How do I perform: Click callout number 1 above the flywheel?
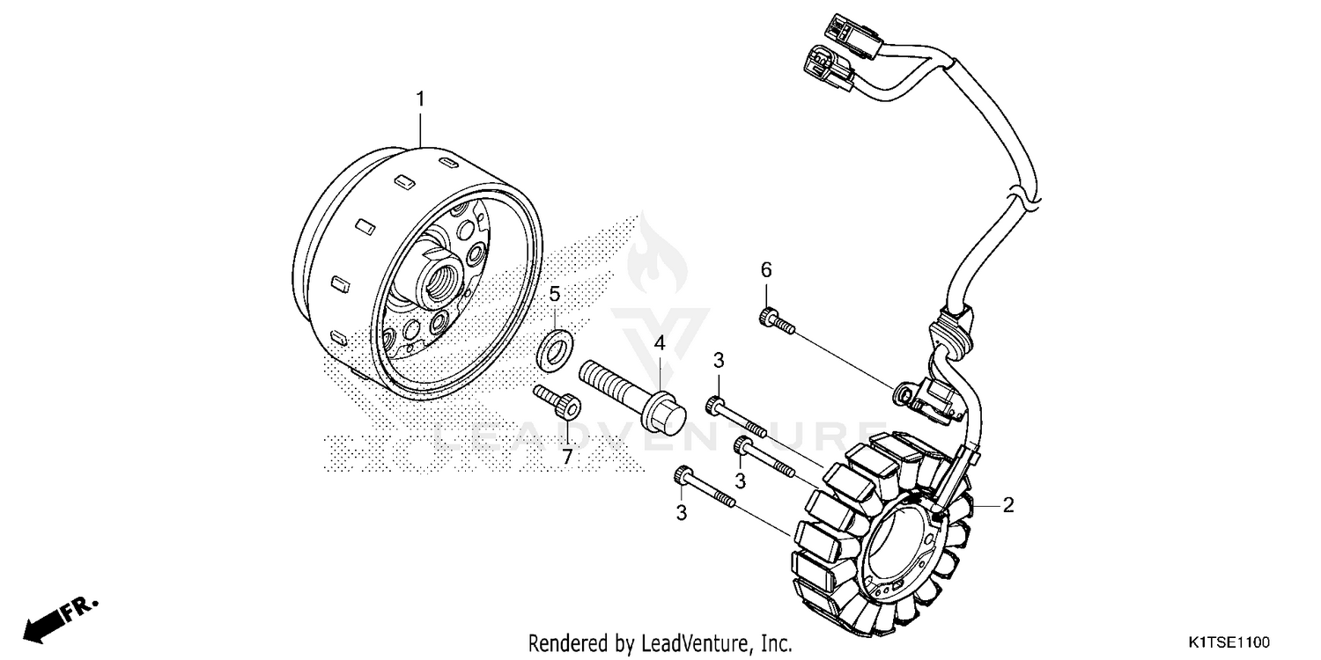[x=420, y=99]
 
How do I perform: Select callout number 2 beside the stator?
[x=1008, y=505]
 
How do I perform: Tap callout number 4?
[x=658, y=342]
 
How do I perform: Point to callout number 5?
[x=555, y=293]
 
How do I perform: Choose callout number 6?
[x=765, y=269]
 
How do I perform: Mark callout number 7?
[x=566, y=457]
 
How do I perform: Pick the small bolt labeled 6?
[x=775, y=320]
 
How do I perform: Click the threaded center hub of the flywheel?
[x=438, y=281]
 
